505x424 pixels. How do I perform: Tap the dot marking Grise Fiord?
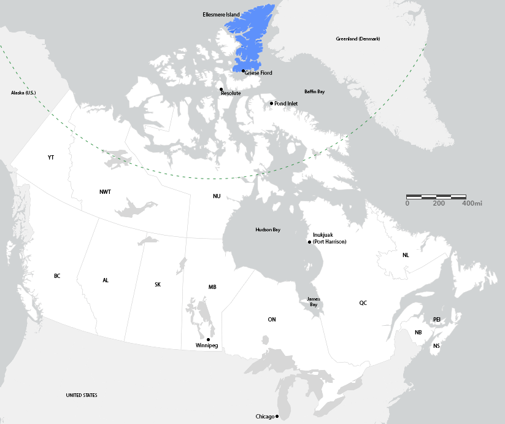tap(243, 71)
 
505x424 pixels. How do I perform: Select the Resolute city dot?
tap(221, 89)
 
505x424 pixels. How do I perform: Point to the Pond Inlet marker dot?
tap(271, 103)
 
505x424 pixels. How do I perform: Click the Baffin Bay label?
tap(314, 91)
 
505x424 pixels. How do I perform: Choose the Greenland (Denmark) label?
tap(358, 39)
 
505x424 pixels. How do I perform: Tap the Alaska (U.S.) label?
tap(23, 93)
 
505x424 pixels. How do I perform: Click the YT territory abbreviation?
tap(51, 158)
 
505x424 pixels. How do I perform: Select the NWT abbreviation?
tap(105, 192)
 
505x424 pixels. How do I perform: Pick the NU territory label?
tap(217, 196)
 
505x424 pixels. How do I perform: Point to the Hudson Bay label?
tap(268, 229)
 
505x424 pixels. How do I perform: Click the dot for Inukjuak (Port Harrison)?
tap(309, 242)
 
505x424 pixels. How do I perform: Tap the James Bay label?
tap(313, 301)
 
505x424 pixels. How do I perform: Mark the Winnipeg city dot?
tap(208, 339)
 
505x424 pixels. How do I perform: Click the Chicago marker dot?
tap(277, 417)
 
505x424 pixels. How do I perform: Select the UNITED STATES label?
tap(82, 395)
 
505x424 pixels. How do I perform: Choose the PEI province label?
tap(437, 319)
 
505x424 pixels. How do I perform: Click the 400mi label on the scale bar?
tap(472, 202)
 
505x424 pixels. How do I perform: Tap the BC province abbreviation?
tap(57, 276)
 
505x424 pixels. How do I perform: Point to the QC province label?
tap(363, 303)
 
